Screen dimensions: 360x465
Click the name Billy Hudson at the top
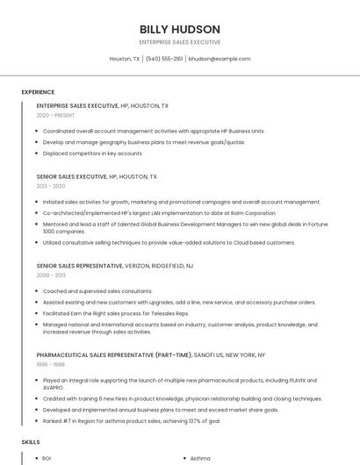coord(180,29)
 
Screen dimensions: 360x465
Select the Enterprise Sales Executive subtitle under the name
coord(180,42)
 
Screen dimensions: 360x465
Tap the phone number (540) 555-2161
coord(164,59)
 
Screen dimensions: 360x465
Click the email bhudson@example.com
coord(220,59)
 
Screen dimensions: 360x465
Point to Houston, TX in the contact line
coord(125,59)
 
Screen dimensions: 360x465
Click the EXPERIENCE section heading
coord(38,92)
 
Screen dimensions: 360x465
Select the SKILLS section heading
coord(31,442)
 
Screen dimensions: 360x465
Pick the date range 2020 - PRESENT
coord(54,115)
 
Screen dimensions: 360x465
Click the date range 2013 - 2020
coord(51,186)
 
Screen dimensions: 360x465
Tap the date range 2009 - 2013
coord(51,275)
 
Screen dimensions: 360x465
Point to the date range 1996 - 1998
coord(51,365)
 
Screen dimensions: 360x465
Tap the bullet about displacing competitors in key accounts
coord(92,153)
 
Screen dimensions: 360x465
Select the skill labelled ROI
coord(47,458)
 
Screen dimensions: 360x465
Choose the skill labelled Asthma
coord(200,458)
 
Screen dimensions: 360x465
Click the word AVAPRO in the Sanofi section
coord(54,387)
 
